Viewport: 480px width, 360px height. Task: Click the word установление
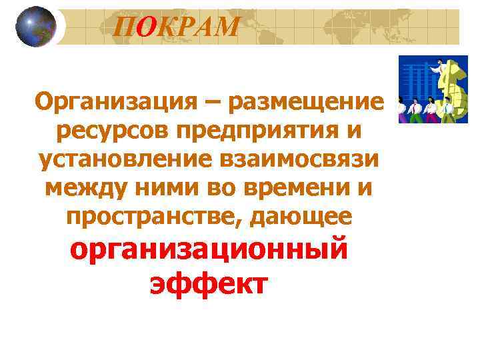pos(124,160)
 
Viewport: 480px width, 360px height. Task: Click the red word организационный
pos(209,251)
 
